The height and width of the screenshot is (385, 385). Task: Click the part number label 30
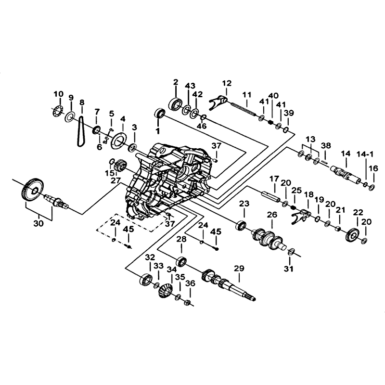click(38, 223)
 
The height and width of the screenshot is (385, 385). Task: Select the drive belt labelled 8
click(81, 131)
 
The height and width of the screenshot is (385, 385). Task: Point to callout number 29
click(239, 268)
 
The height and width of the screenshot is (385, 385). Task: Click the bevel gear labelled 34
click(166, 290)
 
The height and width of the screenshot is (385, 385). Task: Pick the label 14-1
click(365, 154)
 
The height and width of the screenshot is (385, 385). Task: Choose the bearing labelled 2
click(176, 104)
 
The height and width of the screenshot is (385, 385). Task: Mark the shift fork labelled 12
click(219, 102)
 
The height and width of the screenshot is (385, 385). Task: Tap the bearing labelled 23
click(241, 226)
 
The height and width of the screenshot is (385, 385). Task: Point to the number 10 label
click(58, 94)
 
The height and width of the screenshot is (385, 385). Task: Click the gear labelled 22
click(352, 235)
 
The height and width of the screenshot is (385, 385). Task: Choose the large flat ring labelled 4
click(118, 141)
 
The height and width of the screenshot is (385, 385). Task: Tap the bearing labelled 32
click(146, 280)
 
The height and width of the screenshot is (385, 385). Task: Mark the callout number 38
click(326, 145)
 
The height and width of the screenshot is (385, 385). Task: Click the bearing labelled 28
click(182, 261)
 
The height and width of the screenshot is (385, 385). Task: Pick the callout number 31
click(288, 269)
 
